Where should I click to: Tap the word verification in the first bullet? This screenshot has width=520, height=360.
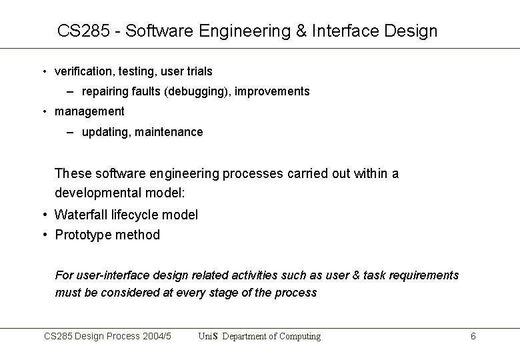[83, 71]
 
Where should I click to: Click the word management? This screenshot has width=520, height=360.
[89, 111]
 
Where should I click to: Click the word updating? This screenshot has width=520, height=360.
[105, 132]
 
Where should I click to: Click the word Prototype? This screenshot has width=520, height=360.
[82, 235]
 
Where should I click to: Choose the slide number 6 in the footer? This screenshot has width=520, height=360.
[473, 337]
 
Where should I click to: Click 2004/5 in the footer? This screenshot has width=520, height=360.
[158, 337]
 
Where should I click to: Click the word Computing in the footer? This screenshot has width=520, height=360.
[299, 337]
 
